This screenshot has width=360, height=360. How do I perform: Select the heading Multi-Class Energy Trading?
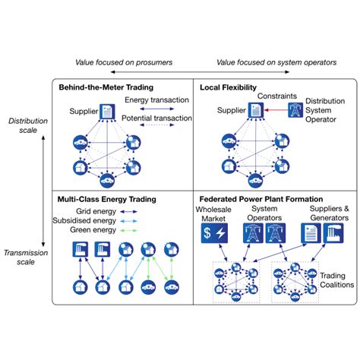point(106,199)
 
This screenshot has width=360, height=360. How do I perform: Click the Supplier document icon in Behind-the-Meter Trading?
point(109,112)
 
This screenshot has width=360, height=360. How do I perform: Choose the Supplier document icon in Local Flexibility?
point(255,111)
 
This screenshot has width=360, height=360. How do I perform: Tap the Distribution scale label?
point(25,125)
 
